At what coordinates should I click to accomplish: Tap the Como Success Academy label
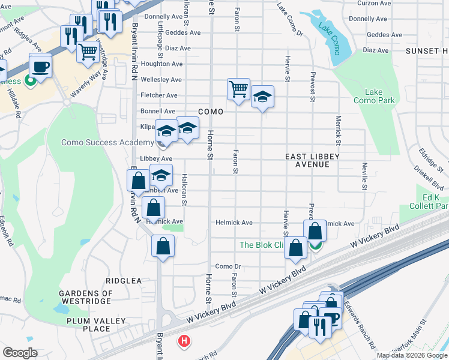107,142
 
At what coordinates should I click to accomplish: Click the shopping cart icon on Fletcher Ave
238,89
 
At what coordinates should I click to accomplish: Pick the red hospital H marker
184,341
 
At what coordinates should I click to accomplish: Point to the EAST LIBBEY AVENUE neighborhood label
312,160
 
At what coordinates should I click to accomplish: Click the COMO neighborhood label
211,112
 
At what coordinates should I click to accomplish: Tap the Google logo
20,353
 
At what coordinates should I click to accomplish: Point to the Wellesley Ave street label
161,79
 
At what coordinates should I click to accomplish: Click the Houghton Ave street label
161,64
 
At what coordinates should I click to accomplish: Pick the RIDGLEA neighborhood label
124,280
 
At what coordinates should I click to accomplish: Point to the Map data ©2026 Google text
411,355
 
